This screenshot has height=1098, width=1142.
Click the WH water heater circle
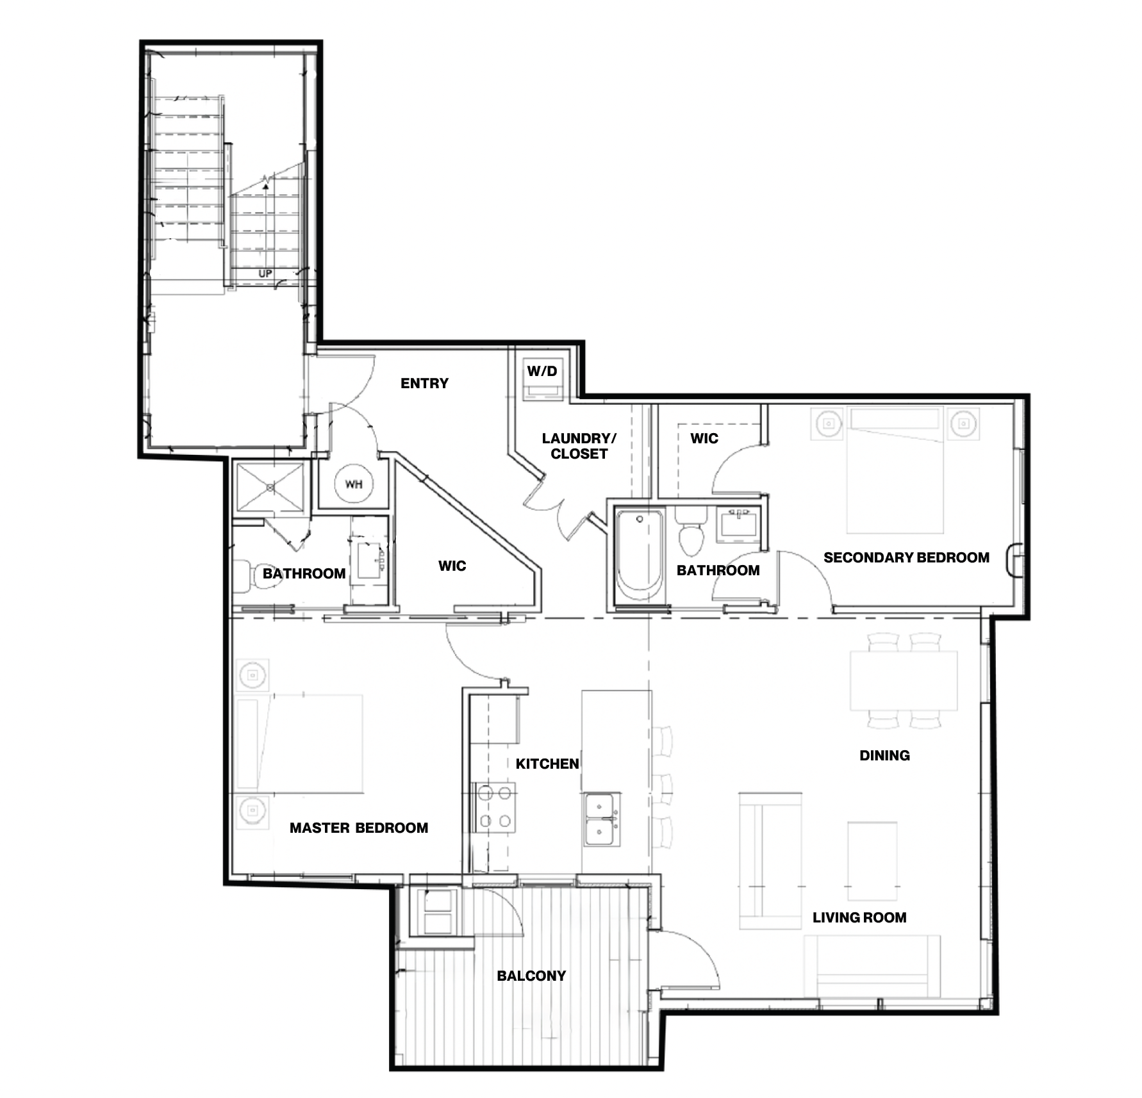click(354, 484)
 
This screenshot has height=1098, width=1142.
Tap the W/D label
click(542, 371)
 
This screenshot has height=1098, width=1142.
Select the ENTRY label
click(424, 383)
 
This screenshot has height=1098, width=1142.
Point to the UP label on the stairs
click(265, 274)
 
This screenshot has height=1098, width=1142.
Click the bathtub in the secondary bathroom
click(639, 554)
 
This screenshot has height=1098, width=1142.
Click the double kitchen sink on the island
click(602, 819)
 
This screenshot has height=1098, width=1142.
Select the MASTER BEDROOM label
click(359, 828)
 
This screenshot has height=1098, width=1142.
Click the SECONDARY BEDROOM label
click(906, 557)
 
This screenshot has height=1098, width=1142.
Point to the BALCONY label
click(531, 976)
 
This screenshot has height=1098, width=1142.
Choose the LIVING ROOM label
click(859, 917)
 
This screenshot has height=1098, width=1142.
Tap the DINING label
click(884, 755)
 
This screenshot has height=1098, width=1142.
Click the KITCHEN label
click(547, 764)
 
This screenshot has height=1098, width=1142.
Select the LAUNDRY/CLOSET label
click(579, 446)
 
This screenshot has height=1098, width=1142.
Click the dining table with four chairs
click(904, 680)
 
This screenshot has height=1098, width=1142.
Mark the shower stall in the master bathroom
click(270, 488)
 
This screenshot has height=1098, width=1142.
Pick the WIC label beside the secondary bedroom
click(704, 439)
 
